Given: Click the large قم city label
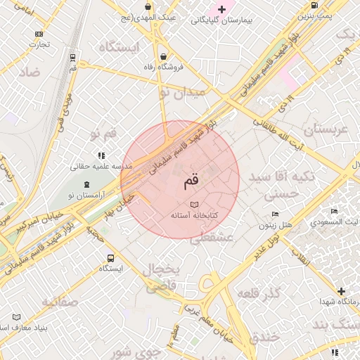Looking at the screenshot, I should pos(191,181).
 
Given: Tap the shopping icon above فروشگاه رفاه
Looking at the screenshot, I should pos(163,56).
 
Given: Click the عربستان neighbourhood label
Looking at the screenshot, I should pos(325,130).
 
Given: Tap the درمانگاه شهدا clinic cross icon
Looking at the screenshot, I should pos(342,291).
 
